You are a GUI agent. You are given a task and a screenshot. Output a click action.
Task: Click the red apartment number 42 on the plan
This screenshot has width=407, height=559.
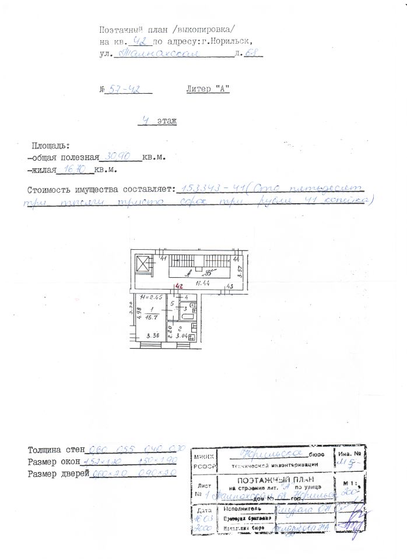click(x=180, y=286)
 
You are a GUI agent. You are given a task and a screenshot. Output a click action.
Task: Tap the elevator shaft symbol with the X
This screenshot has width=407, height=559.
click(x=143, y=266)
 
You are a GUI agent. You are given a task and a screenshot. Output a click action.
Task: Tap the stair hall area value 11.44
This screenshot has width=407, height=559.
click(x=202, y=284)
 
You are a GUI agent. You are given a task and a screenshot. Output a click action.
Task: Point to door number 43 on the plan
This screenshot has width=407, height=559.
click(x=230, y=286)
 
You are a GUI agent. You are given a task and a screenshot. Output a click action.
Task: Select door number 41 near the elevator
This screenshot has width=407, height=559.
click(x=164, y=258)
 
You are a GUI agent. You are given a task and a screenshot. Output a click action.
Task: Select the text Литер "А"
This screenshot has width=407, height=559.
click(x=208, y=89)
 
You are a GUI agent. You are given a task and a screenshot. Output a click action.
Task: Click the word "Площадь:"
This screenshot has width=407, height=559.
click(x=51, y=145)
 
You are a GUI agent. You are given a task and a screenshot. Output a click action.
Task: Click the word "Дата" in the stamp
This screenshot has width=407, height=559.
click(x=203, y=511)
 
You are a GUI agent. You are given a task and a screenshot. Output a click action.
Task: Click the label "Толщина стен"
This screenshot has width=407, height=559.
click(x=56, y=450)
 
